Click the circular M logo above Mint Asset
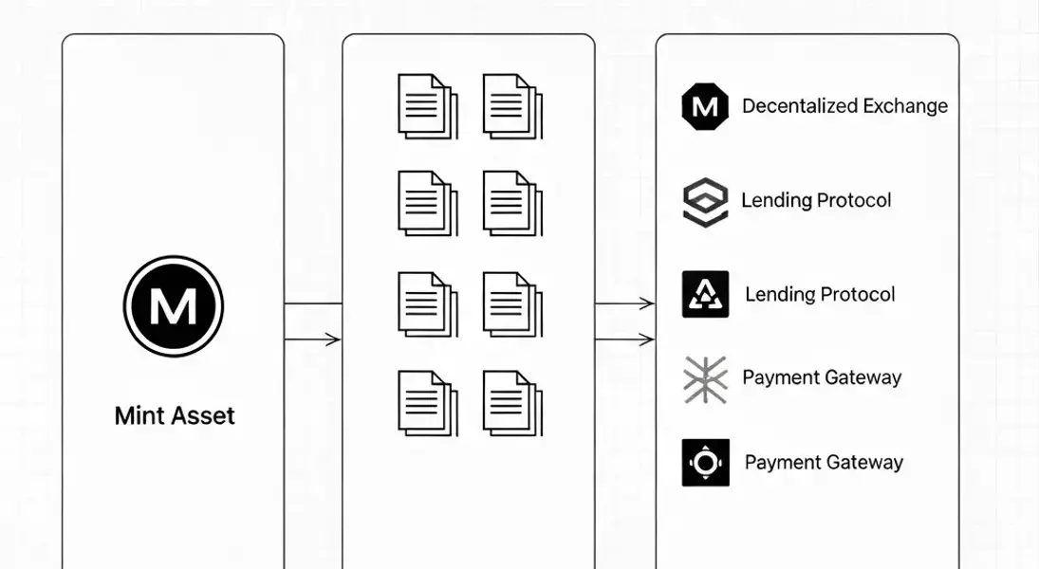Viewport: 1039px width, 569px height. tap(174, 306)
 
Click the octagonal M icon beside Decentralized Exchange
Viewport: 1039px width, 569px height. tap(705, 106)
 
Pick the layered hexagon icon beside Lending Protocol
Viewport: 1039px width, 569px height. tap(705, 202)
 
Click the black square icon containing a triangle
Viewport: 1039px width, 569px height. tap(705, 294)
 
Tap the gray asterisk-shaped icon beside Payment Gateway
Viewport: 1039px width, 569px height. tap(705, 378)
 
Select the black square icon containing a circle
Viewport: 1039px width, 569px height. tap(705, 463)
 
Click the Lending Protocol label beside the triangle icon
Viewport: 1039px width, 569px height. tap(820, 294)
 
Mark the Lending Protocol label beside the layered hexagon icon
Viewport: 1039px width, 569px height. tap(816, 201)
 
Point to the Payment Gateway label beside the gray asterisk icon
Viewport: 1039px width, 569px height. tap(822, 377)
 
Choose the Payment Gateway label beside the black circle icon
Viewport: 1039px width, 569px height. tap(824, 463)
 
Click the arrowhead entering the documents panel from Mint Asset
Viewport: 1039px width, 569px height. tap(334, 339)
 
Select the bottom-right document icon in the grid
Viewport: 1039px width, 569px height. tap(511, 401)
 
